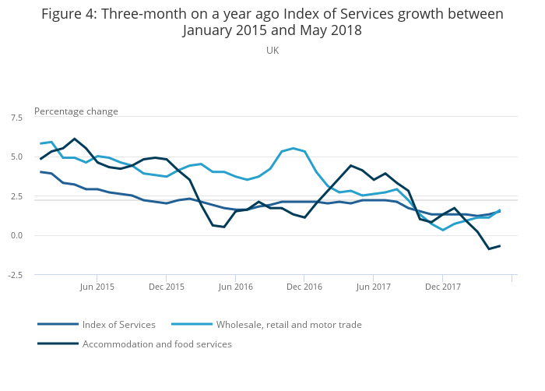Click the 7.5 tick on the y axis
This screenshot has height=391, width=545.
pos(16,118)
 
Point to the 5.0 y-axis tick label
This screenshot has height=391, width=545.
pos(16,157)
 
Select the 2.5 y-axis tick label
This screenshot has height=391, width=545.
pos(16,196)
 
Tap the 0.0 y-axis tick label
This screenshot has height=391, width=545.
pos(16,235)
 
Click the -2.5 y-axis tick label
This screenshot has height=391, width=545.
pos(16,275)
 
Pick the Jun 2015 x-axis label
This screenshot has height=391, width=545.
pos(97,287)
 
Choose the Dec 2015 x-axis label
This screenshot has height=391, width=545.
pos(166,287)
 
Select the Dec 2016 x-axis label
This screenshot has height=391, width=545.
pos(304,287)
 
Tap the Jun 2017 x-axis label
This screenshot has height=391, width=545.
pos(373,287)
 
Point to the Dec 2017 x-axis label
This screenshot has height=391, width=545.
pos(442,287)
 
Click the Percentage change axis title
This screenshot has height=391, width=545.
pos(76,111)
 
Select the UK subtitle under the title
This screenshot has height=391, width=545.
pos(272,51)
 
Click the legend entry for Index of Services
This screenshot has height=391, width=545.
pos(118,325)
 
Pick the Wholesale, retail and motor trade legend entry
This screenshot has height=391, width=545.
pos(289,325)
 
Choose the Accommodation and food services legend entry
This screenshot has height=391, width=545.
pos(156,344)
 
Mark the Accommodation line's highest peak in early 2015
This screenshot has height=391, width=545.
pos(74,139)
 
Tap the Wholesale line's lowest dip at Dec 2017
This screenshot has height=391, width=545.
pos(442,231)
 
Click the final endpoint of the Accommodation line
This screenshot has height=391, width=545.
pos(500,246)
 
